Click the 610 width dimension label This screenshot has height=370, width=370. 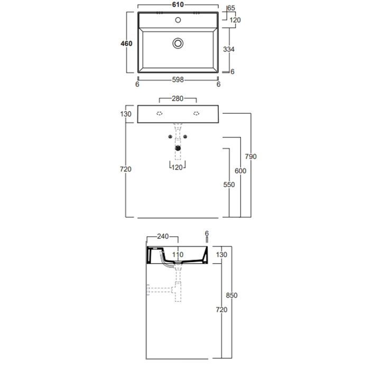pyautogui.click(x=178, y=4)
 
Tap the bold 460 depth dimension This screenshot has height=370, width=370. pyautogui.click(x=126, y=43)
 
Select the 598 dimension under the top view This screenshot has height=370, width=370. pyautogui.click(x=178, y=80)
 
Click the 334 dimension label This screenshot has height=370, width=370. pyautogui.click(x=229, y=49)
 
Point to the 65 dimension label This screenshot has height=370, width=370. pyautogui.click(x=232, y=8)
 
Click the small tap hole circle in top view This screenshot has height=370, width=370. pyautogui.click(x=178, y=20)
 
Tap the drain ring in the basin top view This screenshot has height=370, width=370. pyautogui.click(x=178, y=43)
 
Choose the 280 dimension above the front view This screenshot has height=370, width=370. pyautogui.click(x=178, y=98)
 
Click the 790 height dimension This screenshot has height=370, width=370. pyautogui.click(x=251, y=156)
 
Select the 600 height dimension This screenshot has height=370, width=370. pyautogui.click(x=240, y=171)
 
